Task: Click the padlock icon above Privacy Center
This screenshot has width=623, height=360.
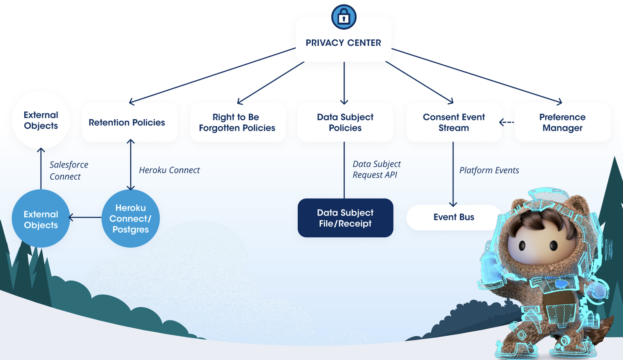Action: pyautogui.click(x=344, y=17)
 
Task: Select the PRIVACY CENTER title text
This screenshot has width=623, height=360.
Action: pyautogui.click(x=343, y=43)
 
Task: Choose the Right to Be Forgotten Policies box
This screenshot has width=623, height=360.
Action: pyautogui.click(x=237, y=122)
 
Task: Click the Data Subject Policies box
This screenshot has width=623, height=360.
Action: pyautogui.click(x=345, y=122)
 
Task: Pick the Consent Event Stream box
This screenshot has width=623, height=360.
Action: pyautogui.click(x=453, y=122)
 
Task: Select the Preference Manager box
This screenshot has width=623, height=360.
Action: pyautogui.click(x=562, y=122)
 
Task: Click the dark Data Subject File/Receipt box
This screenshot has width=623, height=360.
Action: pyautogui.click(x=345, y=218)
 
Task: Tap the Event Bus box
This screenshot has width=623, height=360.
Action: pyautogui.click(x=453, y=217)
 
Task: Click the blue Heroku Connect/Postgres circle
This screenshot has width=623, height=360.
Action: pyautogui.click(x=131, y=218)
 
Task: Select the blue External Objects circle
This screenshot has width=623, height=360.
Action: pyautogui.click(x=41, y=219)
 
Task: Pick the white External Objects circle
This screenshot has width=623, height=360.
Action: pyautogui.click(x=41, y=120)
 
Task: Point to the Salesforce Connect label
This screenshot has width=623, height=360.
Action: pyautogui.click(x=68, y=170)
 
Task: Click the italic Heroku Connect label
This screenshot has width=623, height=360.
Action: pyautogui.click(x=169, y=170)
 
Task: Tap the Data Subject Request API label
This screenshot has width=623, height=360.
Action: pyautogui.click(x=376, y=169)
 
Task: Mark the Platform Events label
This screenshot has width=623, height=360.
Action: pyautogui.click(x=489, y=170)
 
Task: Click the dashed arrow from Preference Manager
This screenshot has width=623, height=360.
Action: pyautogui.click(x=507, y=122)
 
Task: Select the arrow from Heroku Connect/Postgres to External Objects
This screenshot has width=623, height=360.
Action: pyautogui.click(x=85, y=217)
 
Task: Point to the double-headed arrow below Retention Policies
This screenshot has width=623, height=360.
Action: pyautogui.click(x=131, y=165)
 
